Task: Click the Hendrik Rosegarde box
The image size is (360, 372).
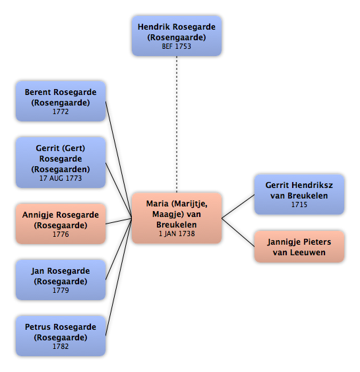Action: click(177, 36)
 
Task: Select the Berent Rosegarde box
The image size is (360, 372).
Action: click(61, 102)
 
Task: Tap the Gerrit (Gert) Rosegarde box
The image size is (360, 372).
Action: click(61, 162)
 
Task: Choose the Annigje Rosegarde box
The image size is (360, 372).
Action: click(61, 224)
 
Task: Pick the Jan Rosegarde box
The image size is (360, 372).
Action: click(61, 280)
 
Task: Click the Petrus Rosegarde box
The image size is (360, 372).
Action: click(61, 336)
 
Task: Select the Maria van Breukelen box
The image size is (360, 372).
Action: click(177, 218)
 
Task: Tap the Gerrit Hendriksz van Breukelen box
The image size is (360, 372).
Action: click(299, 195)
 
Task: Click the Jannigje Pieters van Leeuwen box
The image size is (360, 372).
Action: click(299, 247)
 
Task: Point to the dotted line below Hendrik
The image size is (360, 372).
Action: click(177, 124)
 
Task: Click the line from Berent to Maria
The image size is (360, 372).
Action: click(119, 160)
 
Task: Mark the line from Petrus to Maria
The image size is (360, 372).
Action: click(119, 277)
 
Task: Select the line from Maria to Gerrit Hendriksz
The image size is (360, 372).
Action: click(238, 206)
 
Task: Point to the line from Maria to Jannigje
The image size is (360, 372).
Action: click(238, 232)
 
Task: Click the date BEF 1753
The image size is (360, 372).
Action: click(177, 46)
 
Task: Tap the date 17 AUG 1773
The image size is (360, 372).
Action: click(61, 178)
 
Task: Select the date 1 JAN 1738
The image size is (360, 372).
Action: click(177, 233)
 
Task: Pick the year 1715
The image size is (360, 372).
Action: click(299, 204)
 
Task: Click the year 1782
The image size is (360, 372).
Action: click(61, 346)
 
